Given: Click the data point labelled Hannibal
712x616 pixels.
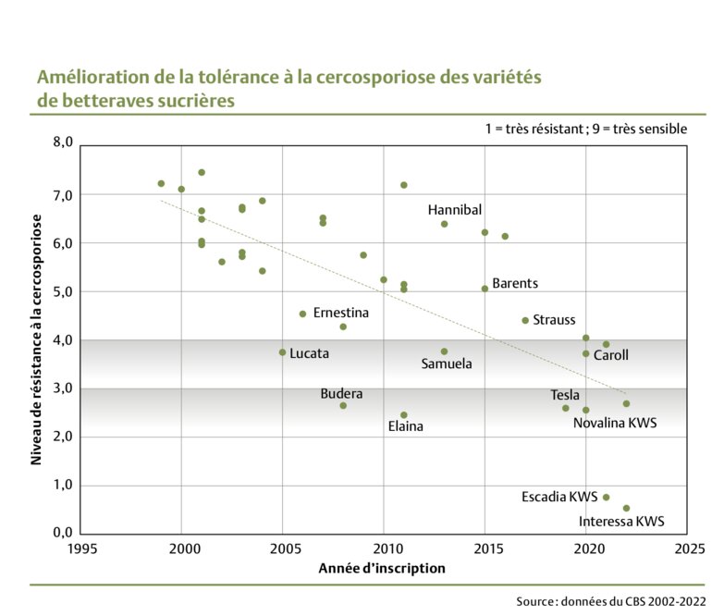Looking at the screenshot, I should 445,224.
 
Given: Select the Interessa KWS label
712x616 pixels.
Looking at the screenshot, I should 621,522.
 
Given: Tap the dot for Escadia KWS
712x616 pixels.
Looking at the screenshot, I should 607,498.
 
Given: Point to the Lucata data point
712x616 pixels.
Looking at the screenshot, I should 283,352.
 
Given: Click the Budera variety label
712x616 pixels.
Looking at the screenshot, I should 341,394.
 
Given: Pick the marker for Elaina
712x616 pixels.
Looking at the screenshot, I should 404,415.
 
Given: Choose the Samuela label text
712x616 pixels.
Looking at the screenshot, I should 447,364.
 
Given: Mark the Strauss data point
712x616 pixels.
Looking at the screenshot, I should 525,320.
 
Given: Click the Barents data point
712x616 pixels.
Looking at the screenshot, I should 485,289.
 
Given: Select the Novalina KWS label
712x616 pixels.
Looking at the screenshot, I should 615,424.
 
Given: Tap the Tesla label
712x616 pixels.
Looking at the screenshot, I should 565,396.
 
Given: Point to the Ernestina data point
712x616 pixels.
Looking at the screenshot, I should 303,314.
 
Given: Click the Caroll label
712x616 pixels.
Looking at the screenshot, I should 610,355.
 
